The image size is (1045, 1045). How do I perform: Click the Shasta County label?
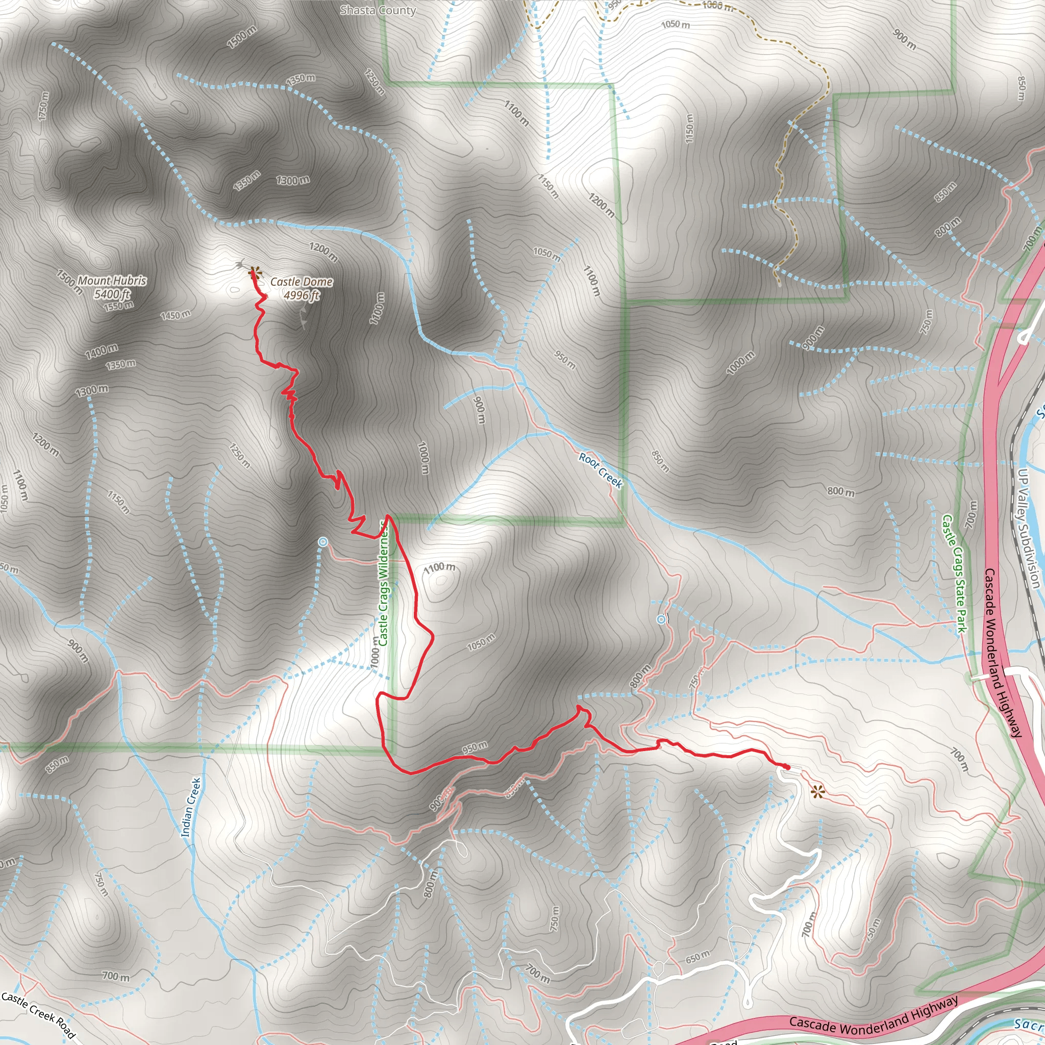pyautogui.click(x=378, y=10)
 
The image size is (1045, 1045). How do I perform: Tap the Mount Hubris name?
pyautogui.click(x=112, y=281)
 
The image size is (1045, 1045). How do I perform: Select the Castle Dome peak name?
pyautogui.click(x=301, y=282)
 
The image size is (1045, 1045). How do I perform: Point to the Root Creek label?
pyautogui.click(x=601, y=470)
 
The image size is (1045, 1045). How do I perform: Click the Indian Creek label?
pyautogui.click(x=191, y=808)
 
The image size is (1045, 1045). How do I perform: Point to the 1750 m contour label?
pyautogui.click(x=44, y=107)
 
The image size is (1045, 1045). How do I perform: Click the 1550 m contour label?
pyautogui.click(x=119, y=306)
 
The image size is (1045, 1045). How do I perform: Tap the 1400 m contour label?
pyautogui.click(x=101, y=351)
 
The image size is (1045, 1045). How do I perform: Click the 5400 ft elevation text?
pyautogui.click(x=112, y=294)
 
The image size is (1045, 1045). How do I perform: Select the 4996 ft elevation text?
pyautogui.click(x=301, y=295)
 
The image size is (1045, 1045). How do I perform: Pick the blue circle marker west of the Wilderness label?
pyautogui.click(x=323, y=541)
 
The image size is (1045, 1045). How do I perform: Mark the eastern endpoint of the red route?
pyautogui.click(x=787, y=767)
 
